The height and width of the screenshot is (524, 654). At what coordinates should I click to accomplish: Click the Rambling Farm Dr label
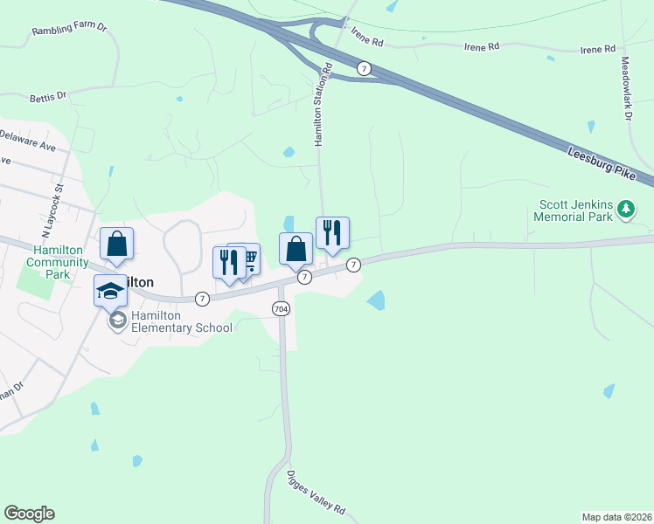coord(68,30)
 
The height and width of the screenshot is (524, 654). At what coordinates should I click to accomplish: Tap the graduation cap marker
coord(111,289)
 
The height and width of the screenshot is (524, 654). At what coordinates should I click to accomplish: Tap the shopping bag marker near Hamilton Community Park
coord(116,245)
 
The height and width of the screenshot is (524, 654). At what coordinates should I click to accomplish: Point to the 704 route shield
coord(281,308)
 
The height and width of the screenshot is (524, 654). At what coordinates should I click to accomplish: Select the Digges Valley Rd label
coord(317,493)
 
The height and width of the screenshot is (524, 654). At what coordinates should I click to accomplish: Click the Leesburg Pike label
coord(602,163)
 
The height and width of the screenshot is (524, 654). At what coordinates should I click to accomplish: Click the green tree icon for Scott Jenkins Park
coord(626,209)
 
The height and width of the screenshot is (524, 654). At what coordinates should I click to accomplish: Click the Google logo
coord(29,514)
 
